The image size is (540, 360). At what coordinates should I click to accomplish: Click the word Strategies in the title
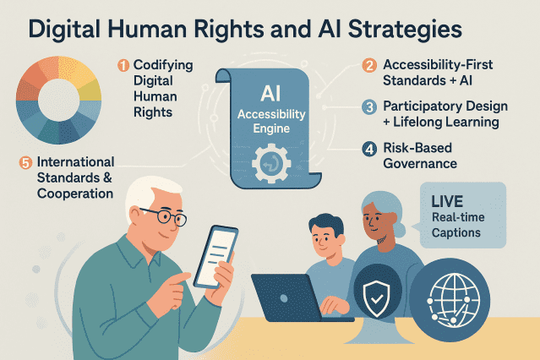coord(405,30)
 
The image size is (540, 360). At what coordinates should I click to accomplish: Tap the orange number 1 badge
coord(123,65)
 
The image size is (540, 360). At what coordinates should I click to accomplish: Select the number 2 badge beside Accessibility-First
coord(369,65)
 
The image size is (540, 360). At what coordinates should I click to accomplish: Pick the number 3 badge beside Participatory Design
coord(369,107)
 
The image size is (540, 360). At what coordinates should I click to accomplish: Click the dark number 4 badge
coord(369,150)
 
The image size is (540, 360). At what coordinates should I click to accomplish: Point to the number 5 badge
coord(25,162)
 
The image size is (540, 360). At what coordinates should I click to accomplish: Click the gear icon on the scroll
coord(271,163)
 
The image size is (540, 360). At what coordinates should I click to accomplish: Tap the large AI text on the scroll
coord(270,93)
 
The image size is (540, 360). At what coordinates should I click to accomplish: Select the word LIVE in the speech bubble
coord(447,202)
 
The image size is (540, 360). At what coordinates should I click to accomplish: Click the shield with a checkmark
coord(376,298)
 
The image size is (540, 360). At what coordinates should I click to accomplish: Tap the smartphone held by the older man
coord(216,257)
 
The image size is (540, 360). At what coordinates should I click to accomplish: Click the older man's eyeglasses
coord(166,215)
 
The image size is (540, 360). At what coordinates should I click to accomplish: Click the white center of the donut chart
coord(58,100)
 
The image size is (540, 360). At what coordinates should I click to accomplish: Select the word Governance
coord(420,163)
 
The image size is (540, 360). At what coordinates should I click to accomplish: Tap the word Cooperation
coord(75,194)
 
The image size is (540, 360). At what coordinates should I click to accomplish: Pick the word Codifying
coord(163,65)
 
